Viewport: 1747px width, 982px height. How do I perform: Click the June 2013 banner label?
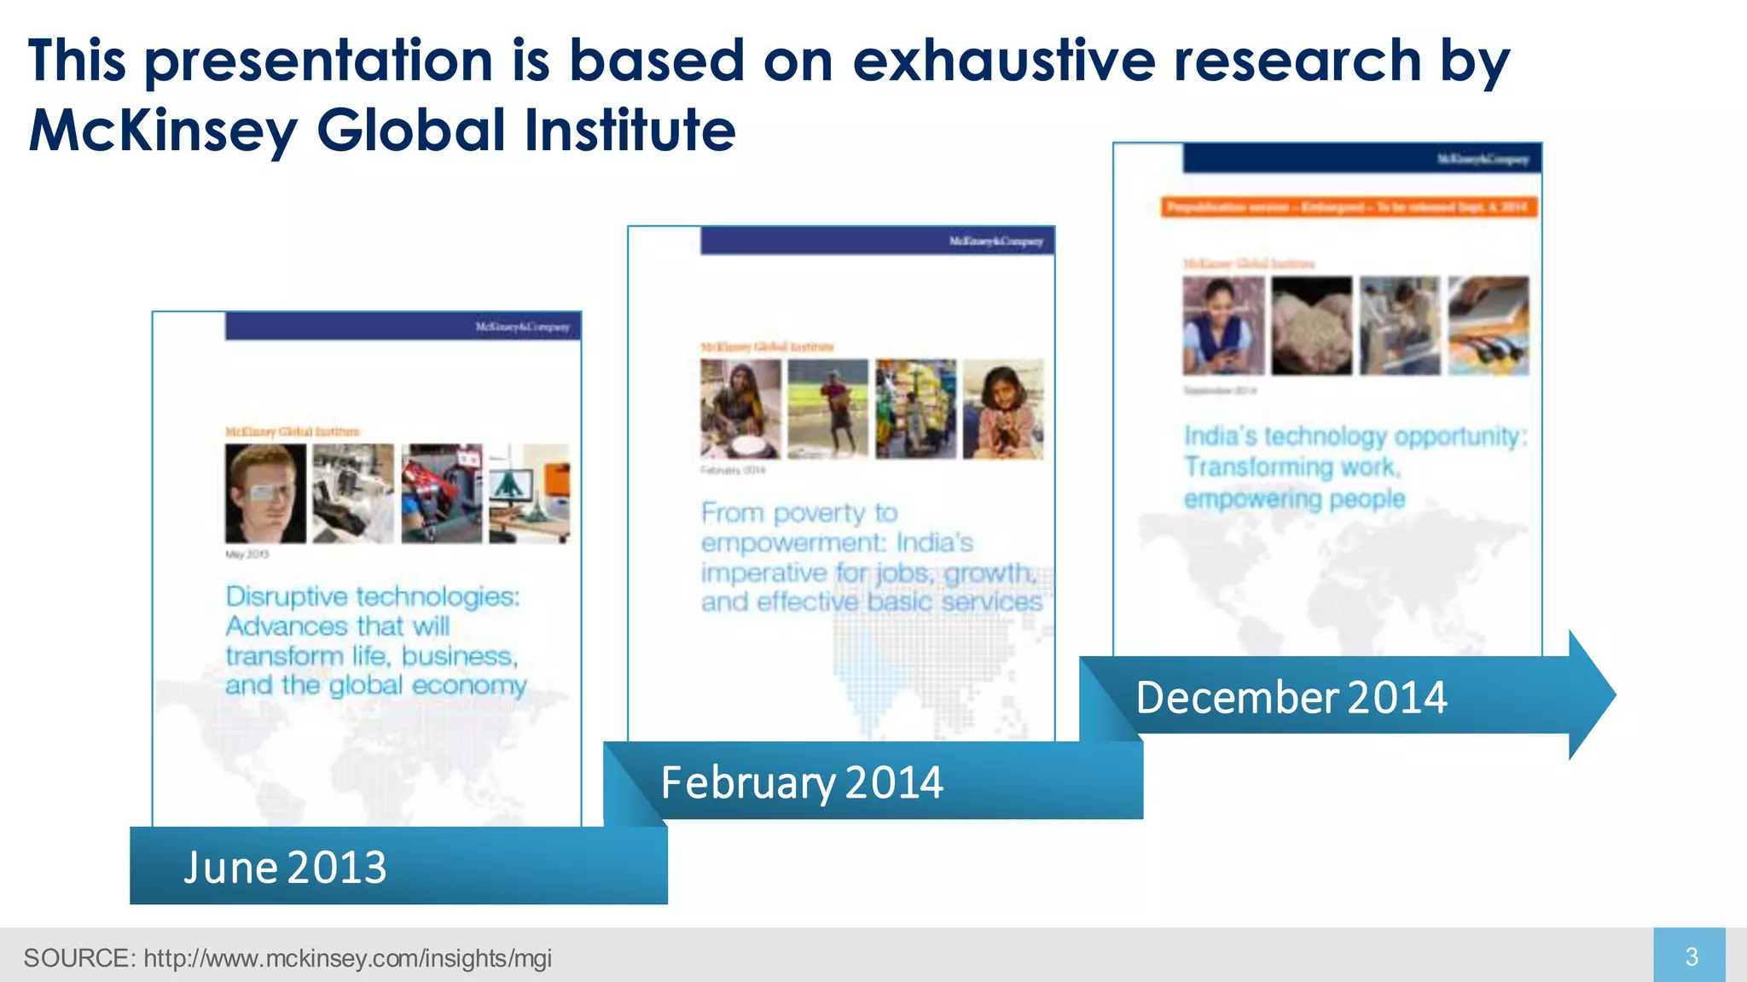(285, 867)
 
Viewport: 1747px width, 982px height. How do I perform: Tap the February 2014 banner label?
(802, 782)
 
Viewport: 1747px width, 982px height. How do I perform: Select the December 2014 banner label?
(1291, 697)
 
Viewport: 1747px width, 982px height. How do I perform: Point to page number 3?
(1692, 956)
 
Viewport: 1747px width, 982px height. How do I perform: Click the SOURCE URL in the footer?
(347, 958)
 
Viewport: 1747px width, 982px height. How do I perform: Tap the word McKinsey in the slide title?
(163, 130)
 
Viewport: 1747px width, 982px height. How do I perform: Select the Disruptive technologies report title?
(375, 640)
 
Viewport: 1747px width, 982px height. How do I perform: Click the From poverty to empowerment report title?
(870, 557)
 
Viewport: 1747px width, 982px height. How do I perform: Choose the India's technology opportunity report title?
(1353, 468)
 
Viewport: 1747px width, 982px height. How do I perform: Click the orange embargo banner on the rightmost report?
(1348, 207)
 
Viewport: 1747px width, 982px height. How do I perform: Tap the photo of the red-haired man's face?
(265, 494)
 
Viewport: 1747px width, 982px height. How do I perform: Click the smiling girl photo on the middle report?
(1002, 410)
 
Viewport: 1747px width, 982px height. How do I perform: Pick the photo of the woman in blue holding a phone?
(1223, 326)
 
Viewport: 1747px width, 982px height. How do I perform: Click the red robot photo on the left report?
(441, 494)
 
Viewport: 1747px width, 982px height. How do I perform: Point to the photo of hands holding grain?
(1311, 326)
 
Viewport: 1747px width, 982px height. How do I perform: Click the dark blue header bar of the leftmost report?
(403, 326)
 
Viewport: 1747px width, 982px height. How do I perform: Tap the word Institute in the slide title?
(630, 130)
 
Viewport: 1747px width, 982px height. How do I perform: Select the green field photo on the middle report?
(827, 410)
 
